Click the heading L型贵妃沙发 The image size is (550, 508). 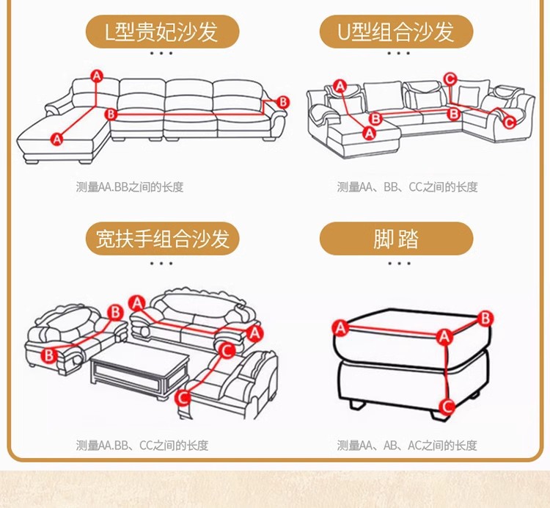162,32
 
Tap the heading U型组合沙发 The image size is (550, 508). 397,32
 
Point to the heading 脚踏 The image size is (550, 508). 397,239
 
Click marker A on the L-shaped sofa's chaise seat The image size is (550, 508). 57,137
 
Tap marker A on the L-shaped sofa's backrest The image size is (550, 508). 97,75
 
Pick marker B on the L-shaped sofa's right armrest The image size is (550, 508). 283,102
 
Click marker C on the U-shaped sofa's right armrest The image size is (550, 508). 510,123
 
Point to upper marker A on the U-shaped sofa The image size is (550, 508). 340,86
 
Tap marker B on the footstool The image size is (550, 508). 485,318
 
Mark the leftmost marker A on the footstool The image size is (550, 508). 340,327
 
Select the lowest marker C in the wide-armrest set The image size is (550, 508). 182,397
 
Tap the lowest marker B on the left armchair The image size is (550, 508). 49,355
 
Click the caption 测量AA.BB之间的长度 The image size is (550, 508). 129,187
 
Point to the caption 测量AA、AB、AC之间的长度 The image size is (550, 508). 407,445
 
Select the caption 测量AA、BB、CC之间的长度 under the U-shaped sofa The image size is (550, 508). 407,187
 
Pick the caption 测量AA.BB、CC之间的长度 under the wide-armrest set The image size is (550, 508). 142,445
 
